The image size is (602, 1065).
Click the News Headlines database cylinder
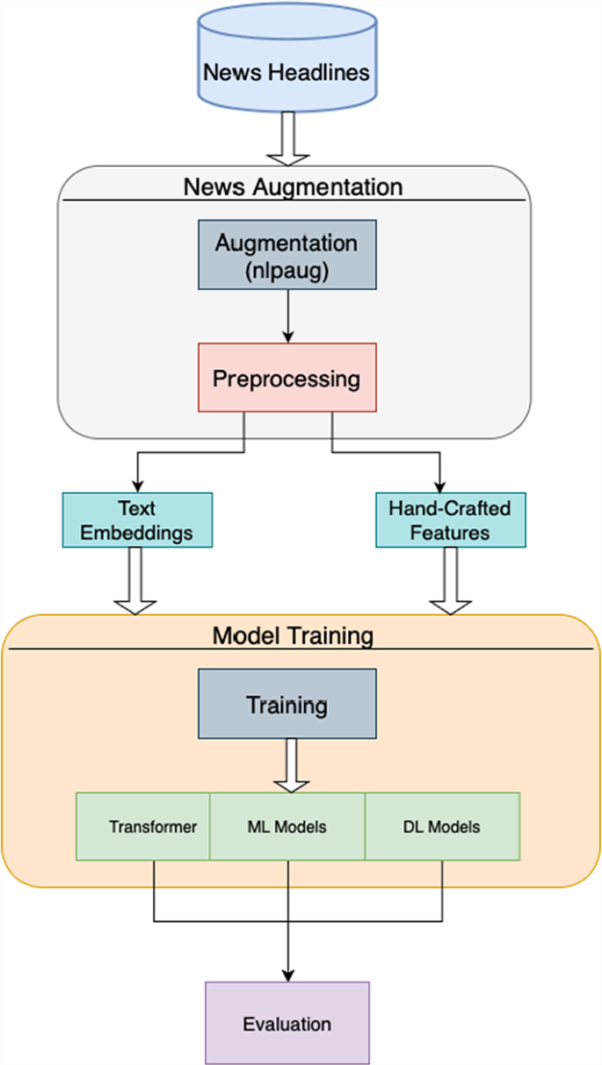point(287,57)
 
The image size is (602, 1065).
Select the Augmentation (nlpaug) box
point(287,254)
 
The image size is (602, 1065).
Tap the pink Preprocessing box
point(287,378)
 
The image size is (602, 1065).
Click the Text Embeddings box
point(137,520)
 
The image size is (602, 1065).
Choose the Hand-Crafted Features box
point(451,520)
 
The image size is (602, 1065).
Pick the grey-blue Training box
point(287,704)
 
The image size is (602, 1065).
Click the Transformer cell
point(143,826)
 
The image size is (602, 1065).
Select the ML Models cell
point(287,826)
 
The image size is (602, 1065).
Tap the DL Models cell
point(442,826)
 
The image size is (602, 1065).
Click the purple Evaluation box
point(287,1023)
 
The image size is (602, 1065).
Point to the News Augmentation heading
point(294,187)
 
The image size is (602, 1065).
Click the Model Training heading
point(293,635)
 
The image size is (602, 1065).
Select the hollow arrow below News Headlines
point(287,139)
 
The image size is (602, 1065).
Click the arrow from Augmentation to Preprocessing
point(287,316)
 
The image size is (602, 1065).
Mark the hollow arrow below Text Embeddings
point(135,581)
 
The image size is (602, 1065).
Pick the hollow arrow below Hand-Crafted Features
point(450,581)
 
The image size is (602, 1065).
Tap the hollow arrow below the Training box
point(292,765)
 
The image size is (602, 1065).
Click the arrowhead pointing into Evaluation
point(287,975)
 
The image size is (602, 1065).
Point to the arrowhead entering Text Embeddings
point(137,487)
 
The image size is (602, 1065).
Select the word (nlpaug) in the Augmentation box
point(286,271)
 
